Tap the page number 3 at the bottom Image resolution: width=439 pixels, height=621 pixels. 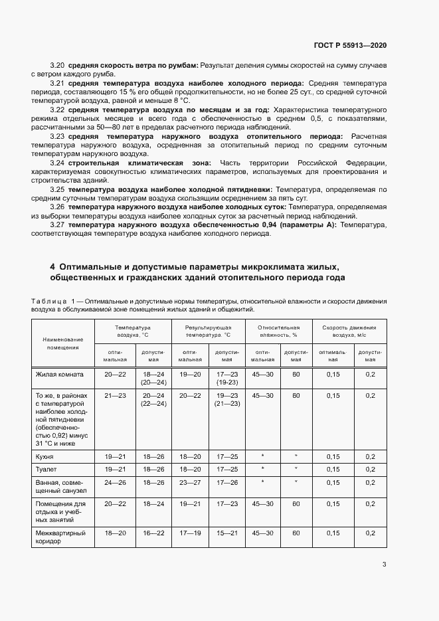pyautogui.click(x=384, y=565)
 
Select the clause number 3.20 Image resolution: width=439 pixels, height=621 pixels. pyautogui.click(x=57, y=65)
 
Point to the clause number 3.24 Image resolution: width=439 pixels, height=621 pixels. pyautogui.click(x=57, y=163)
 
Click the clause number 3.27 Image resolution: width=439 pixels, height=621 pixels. pyautogui.click(x=57, y=225)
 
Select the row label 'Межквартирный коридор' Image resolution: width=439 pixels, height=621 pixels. pyautogui.click(x=57, y=537)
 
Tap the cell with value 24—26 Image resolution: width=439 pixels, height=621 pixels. pyautogui.click(x=115, y=482)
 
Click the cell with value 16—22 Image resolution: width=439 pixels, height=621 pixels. pyautogui.click(x=153, y=533)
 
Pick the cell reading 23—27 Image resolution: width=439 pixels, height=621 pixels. pyautogui.click(x=191, y=482)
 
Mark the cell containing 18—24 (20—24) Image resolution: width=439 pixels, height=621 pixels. pyautogui.click(x=153, y=379)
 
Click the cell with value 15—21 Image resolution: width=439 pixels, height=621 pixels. pyautogui.click(x=228, y=533)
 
